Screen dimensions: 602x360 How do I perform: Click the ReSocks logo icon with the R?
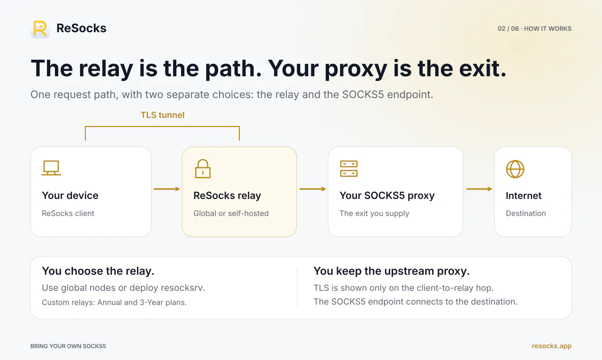coord(40,28)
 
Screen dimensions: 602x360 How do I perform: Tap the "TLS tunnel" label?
coord(163,115)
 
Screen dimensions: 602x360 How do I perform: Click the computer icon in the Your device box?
coord(51,168)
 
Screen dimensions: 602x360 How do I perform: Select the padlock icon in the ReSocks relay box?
coord(202,169)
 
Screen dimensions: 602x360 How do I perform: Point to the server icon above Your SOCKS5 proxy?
coord(348,169)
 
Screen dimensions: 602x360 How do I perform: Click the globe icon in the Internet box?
coord(515,169)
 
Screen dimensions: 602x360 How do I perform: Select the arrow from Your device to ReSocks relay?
coord(167,189)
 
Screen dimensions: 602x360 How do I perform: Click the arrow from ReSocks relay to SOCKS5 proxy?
coord(312,189)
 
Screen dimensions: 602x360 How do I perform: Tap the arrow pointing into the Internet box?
coord(479,189)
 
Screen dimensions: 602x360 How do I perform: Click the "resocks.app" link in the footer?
coord(551,346)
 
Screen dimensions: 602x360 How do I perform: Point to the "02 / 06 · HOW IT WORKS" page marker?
coord(534,28)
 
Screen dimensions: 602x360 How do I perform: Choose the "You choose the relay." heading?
coord(98,271)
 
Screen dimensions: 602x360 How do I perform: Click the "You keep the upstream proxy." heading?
coord(392,271)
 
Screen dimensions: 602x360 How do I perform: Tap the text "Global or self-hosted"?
coord(231,213)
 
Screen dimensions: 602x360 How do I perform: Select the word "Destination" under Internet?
coord(526,213)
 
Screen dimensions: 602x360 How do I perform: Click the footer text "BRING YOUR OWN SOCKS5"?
coord(68,346)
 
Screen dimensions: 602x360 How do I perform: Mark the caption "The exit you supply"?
coord(374,213)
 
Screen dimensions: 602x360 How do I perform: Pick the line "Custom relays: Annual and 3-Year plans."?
coord(114,303)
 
